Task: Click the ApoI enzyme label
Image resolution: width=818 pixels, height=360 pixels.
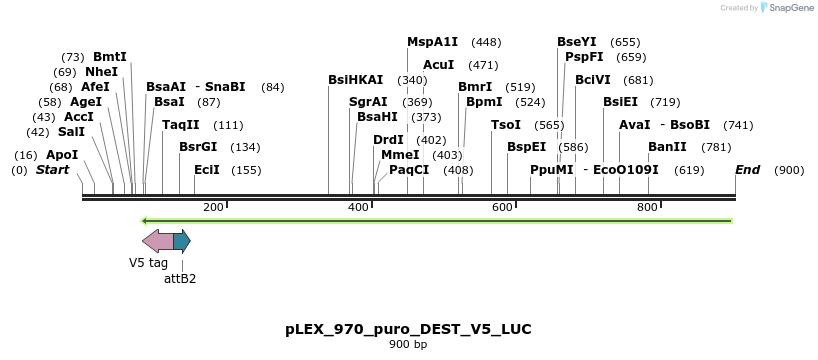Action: pos(62,155)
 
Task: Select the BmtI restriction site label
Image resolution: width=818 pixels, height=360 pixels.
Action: pos(110,57)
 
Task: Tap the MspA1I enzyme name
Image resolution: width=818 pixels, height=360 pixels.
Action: pos(432,42)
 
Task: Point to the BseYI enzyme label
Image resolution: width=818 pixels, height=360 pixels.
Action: pos(577,42)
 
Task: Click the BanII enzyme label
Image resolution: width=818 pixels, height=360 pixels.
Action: pos(667,147)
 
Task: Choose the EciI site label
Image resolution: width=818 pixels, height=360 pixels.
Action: pos(207,170)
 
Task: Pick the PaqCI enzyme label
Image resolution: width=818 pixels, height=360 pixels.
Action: pos(409,170)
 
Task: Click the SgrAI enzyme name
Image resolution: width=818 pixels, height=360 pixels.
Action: pos(368,102)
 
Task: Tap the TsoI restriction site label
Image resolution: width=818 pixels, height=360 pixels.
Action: pos(506,125)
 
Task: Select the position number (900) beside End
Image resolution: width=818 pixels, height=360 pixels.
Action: pos(789,170)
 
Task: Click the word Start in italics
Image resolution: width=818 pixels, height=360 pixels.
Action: pos(53,170)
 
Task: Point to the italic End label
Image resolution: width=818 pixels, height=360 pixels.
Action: pos(748,170)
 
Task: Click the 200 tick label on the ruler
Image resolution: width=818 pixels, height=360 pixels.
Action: pos(213,207)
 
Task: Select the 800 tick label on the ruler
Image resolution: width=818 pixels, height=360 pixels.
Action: pos(647,207)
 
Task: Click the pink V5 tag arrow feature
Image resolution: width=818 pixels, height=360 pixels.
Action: pos(157,240)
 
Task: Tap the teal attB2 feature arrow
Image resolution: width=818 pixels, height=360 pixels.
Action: pos(181,240)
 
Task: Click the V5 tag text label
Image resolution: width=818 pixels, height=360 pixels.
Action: pos(148,263)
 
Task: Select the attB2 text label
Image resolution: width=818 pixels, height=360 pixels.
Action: pos(180,279)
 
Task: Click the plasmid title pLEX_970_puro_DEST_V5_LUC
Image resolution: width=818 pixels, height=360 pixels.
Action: pos(408,329)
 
